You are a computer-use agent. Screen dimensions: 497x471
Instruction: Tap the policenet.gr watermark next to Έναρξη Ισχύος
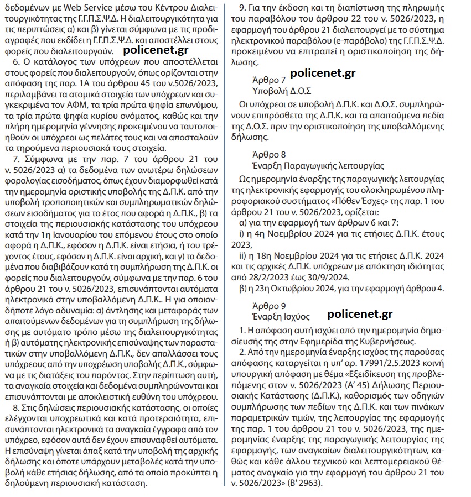coord(360,314)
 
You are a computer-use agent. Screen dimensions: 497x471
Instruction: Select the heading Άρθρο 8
coord(269,154)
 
